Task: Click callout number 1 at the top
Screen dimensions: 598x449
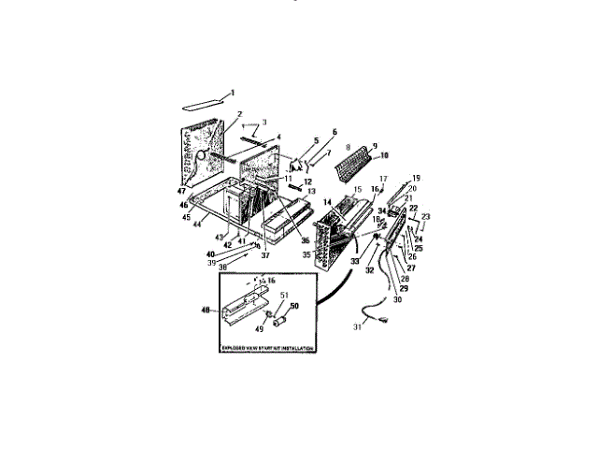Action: click(233, 91)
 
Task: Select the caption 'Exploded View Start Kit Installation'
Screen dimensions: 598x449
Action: click(267, 348)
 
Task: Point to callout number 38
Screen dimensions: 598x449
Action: click(221, 266)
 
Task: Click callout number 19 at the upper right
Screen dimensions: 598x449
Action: click(417, 178)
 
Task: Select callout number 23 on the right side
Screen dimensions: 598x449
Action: click(426, 216)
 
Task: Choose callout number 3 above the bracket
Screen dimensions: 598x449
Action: click(263, 123)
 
